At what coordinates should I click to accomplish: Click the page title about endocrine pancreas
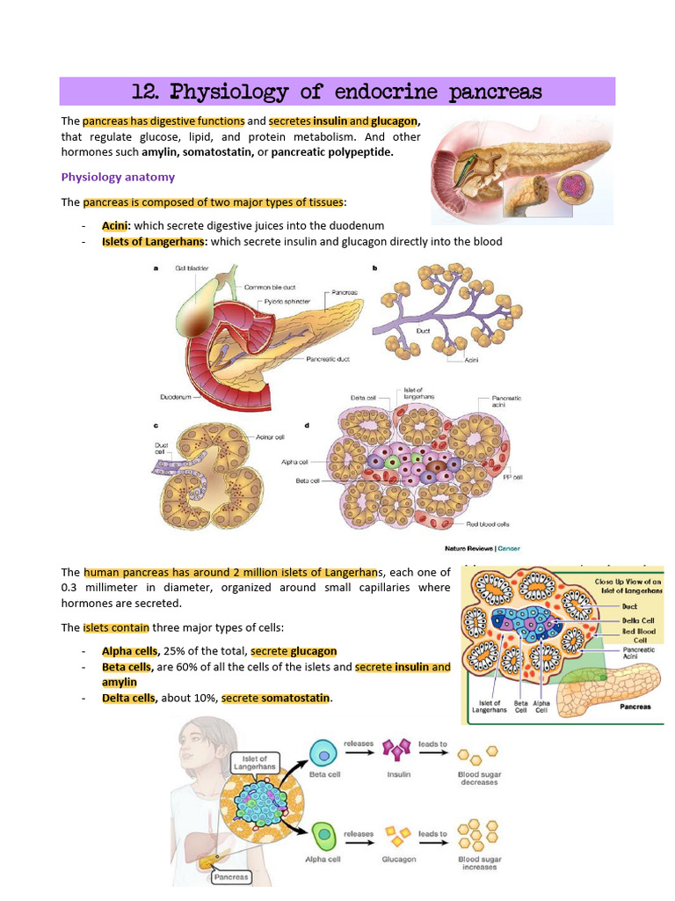337,92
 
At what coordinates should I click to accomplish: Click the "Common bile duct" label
272,287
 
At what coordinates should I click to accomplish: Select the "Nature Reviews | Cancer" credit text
483,548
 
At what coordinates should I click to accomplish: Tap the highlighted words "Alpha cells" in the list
129,651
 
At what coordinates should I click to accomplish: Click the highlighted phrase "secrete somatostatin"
276,699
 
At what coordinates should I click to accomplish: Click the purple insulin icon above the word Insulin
398,751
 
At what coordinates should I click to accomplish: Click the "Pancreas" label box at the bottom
230,876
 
